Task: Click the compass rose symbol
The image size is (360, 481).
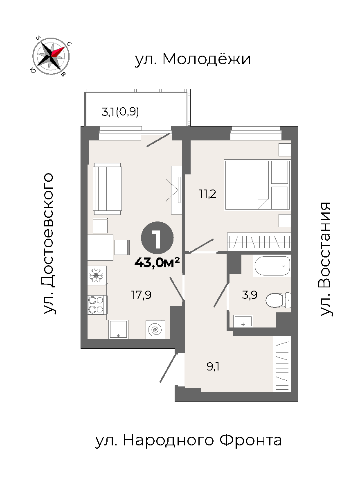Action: point(51,56)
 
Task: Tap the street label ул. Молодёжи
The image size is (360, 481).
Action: point(193,59)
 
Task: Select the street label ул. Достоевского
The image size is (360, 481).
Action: point(48,244)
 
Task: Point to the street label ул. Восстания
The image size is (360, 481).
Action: point(325,259)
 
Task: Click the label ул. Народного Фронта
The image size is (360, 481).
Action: point(188,440)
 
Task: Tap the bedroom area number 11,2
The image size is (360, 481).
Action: point(207,194)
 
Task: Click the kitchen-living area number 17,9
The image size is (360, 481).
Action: point(142,295)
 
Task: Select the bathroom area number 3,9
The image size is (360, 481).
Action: point(249,295)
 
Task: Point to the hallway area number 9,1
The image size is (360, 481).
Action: point(213,366)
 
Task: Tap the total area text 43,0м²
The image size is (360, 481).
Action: point(157,262)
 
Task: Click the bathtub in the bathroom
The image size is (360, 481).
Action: point(272,266)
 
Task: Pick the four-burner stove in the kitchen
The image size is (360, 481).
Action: point(97,305)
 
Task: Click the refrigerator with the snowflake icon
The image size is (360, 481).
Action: point(97,275)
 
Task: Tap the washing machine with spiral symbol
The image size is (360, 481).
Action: point(155,330)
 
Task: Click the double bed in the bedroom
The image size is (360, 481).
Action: point(257,185)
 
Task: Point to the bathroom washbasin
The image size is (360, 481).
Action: point(243,321)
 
